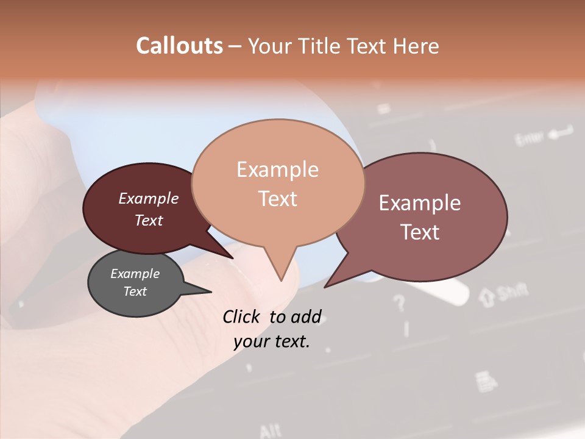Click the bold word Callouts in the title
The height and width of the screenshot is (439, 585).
179,46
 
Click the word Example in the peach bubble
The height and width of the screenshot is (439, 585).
277,170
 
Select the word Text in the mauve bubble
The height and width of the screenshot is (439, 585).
420,232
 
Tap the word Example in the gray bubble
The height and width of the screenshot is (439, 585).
135,274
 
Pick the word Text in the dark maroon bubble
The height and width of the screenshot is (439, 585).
149,220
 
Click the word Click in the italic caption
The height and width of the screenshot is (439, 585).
243,317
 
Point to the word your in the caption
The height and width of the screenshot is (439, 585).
250,342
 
